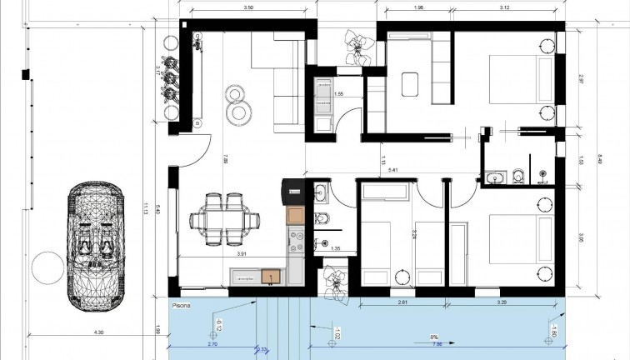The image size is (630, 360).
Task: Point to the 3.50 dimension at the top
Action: coord(247,8)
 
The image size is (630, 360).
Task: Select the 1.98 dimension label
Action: coord(419,8)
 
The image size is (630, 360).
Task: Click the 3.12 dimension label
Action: coord(506,8)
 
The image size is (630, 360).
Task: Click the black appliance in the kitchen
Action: coord(294,192)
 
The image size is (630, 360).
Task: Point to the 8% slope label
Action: coord(433,337)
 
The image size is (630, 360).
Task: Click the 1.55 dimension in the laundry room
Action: coord(338,95)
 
